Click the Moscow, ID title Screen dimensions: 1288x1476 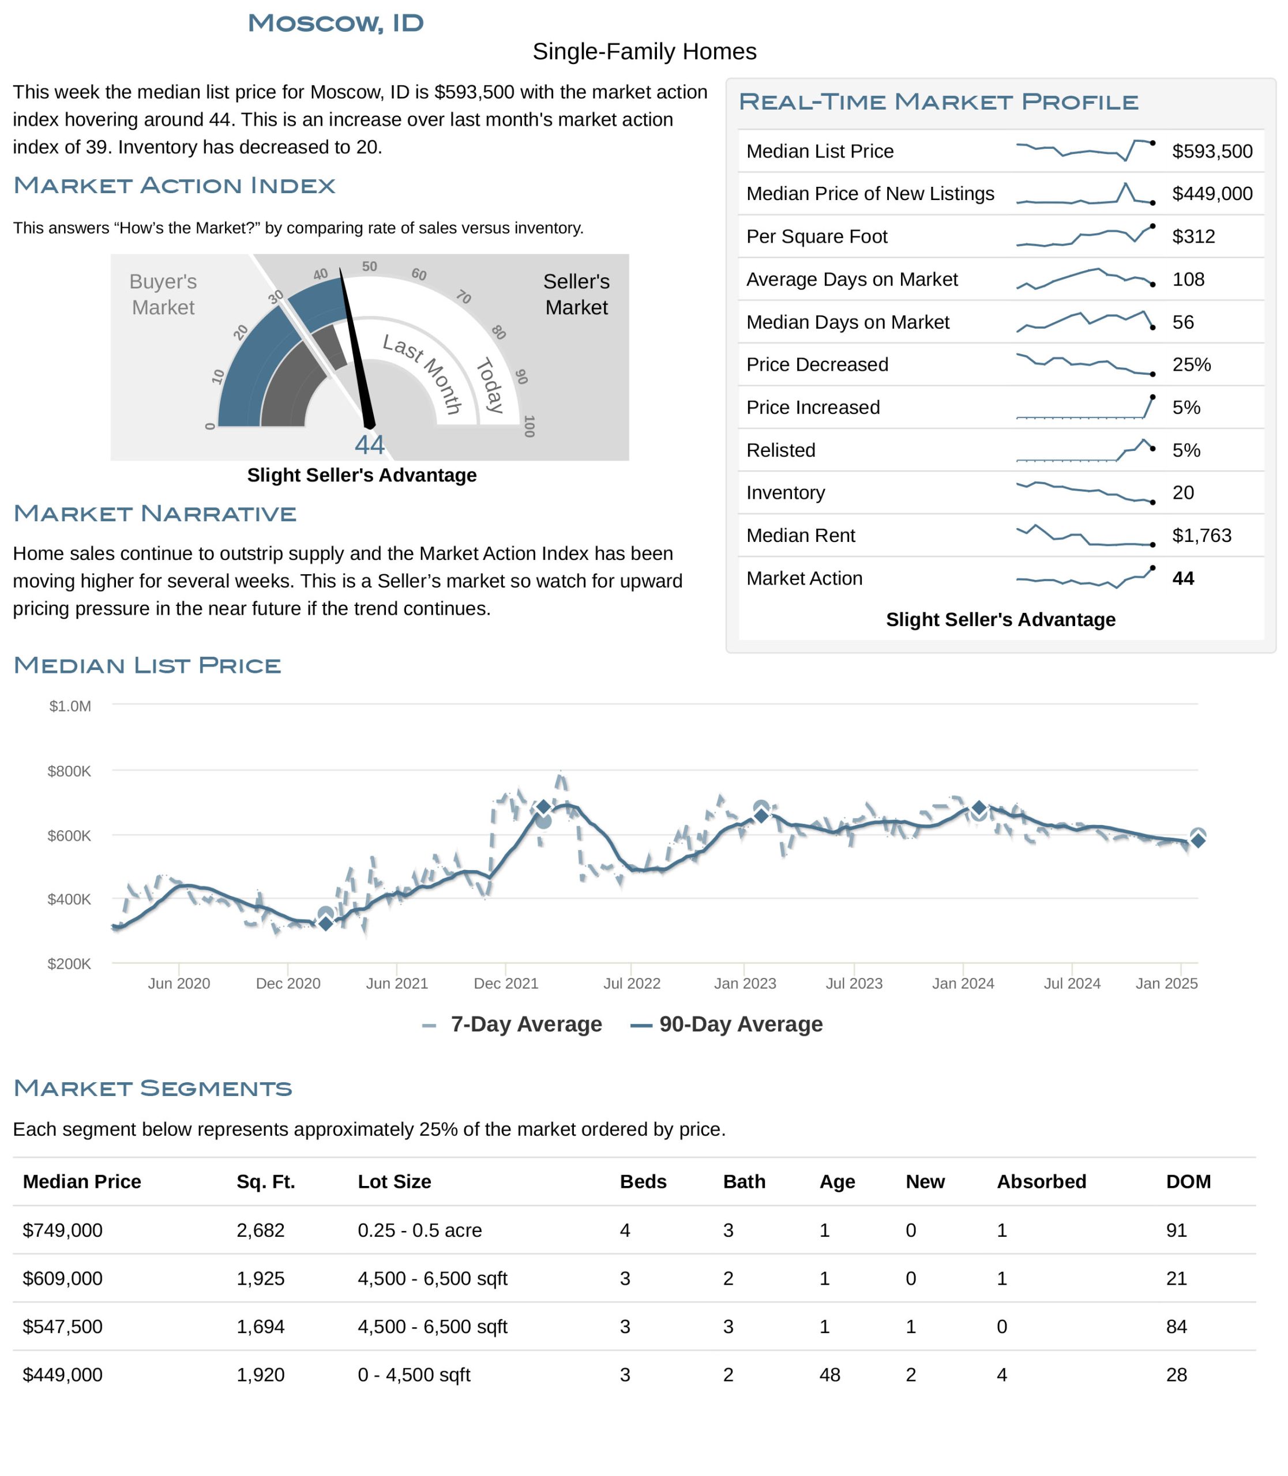pyautogui.click(x=336, y=23)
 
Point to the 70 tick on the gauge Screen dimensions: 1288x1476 pyautogui.click(x=464, y=297)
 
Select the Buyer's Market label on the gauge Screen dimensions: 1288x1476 pyautogui.click(x=163, y=294)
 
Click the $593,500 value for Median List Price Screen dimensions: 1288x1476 pyautogui.click(x=1212, y=151)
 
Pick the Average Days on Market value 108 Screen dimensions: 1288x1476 pyautogui.click(x=1188, y=279)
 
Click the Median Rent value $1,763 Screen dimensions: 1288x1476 pyautogui.click(x=1201, y=536)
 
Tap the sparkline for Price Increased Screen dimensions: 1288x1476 pyautogui.click(x=1086, y=408)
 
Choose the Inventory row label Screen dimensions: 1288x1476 pyautogui.click(x=785, y=492)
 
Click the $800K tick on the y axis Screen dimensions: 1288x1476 pyautogui.click(x=69, y=771)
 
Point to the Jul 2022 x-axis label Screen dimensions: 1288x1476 pyautogui.click(x=632, y=983)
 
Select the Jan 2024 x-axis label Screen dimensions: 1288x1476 pyautogui.click(x=963, y=983)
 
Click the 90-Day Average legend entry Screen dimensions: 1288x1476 pyautogui.click(x=727, y=1024)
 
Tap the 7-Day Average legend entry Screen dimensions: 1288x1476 pyautogui.click(x=512, y=1024)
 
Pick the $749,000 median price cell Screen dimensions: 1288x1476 pyautogui.click(x=62, y=1230)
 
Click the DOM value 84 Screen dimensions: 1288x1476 pyautogui.click(x=1176, y=1327)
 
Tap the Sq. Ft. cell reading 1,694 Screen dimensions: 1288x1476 pyautogui.click(x=260, y=1327)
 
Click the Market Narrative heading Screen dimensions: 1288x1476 pyautogui.click(x=155, y=514)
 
